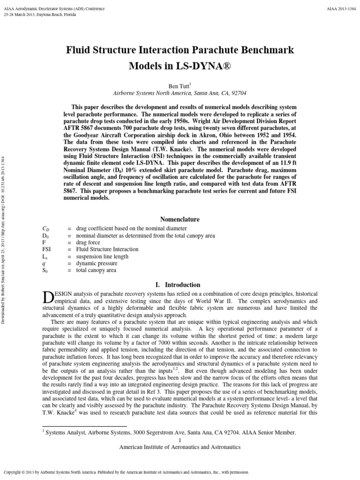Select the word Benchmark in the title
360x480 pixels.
[266, 49]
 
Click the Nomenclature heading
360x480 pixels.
[180, 219]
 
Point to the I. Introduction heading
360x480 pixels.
[180, 285]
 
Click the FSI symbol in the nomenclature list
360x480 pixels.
[46, 249]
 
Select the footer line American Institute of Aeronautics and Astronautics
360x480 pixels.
[180, 447]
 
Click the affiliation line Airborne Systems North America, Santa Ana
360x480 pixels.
[180, 93]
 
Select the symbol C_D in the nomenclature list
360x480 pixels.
[46, 228]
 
